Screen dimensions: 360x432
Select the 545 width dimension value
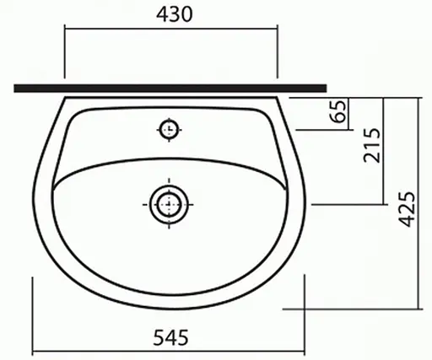(171, 337)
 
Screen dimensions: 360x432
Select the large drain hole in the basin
(170, 202)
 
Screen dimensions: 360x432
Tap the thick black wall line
(169, 88)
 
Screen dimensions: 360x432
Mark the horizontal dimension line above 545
(171, 350)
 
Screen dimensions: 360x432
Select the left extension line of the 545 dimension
(32, 316)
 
